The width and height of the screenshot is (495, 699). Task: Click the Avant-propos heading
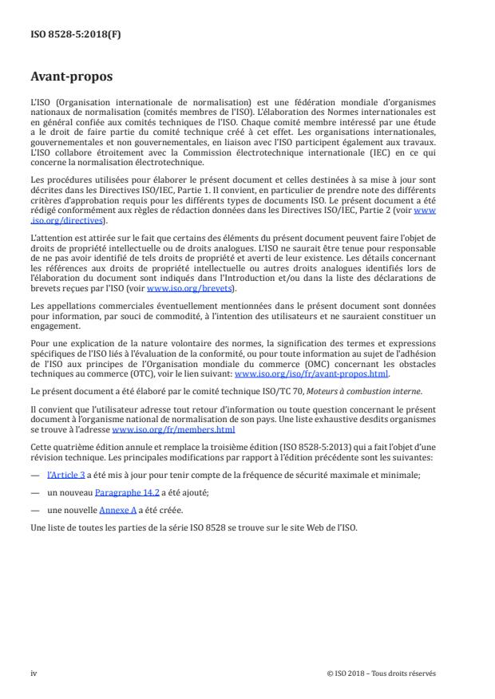(x=72, y=78)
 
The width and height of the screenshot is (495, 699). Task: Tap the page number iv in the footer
(x=34, y=673)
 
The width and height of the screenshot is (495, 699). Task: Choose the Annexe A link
(x=117, y=511)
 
